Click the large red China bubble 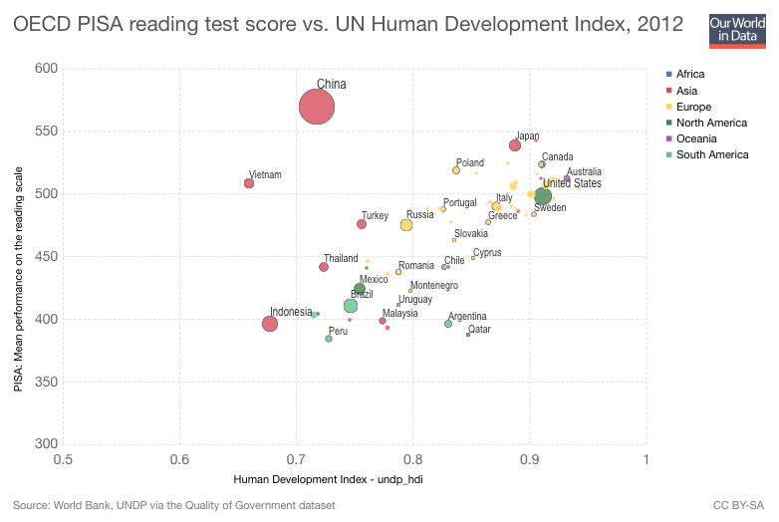(x=317, y=107)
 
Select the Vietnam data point (x=249, y=183)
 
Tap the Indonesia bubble (x=270, y=324)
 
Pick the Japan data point (x=515, y=145)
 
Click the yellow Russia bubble (x=406, y=225)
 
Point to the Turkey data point (x=362, y=224)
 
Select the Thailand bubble (x=324, y=267)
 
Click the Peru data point (x=329, y=339)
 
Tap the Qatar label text (x=479, y=329)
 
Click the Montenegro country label (x=434, y=285)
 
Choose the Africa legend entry (x=689, y=75)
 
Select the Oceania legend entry (x=697, y=138)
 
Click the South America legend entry (x=711, y=154)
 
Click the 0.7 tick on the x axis (x=296, y=459)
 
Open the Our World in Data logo (x=735, y=30)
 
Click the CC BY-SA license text (x=739, y=506)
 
